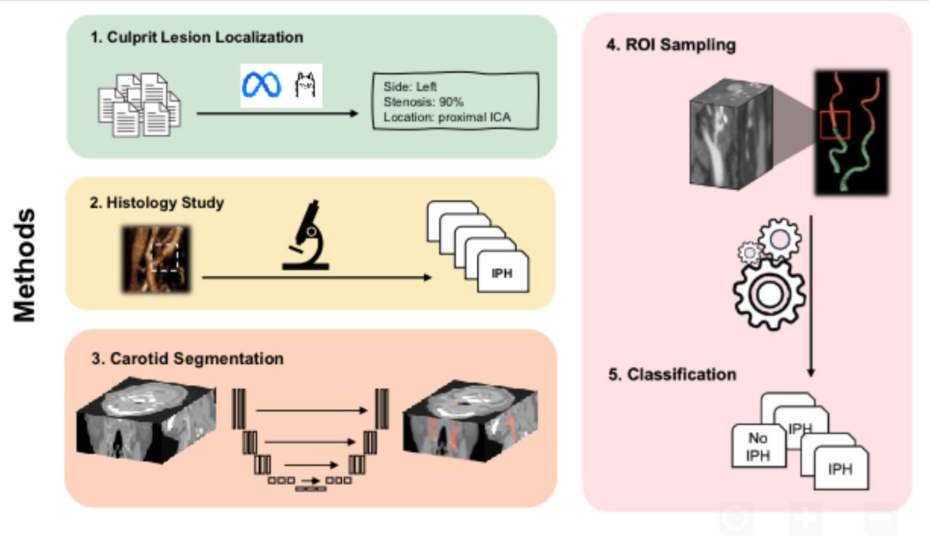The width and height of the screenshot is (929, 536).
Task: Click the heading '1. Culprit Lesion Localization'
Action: coord(197,37)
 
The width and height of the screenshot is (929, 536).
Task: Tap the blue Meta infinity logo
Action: coord(261,85)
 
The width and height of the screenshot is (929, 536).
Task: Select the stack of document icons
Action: coord(139,104)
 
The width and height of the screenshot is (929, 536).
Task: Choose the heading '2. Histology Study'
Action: coord(157,203)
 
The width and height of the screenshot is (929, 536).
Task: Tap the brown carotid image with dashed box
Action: coord(156,259)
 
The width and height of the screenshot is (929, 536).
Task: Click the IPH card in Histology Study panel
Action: coord(502,274)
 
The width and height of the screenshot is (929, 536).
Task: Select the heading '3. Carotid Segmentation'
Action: coord(187,359)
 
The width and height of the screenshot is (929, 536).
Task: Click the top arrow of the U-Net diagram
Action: coord(312,410)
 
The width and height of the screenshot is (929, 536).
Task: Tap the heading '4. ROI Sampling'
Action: coord(671,45)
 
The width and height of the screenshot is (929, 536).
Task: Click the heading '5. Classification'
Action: coord(672,375)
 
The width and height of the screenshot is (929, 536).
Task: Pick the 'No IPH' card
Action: coord(757,447)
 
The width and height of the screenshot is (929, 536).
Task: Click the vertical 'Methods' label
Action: coord(25,265)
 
